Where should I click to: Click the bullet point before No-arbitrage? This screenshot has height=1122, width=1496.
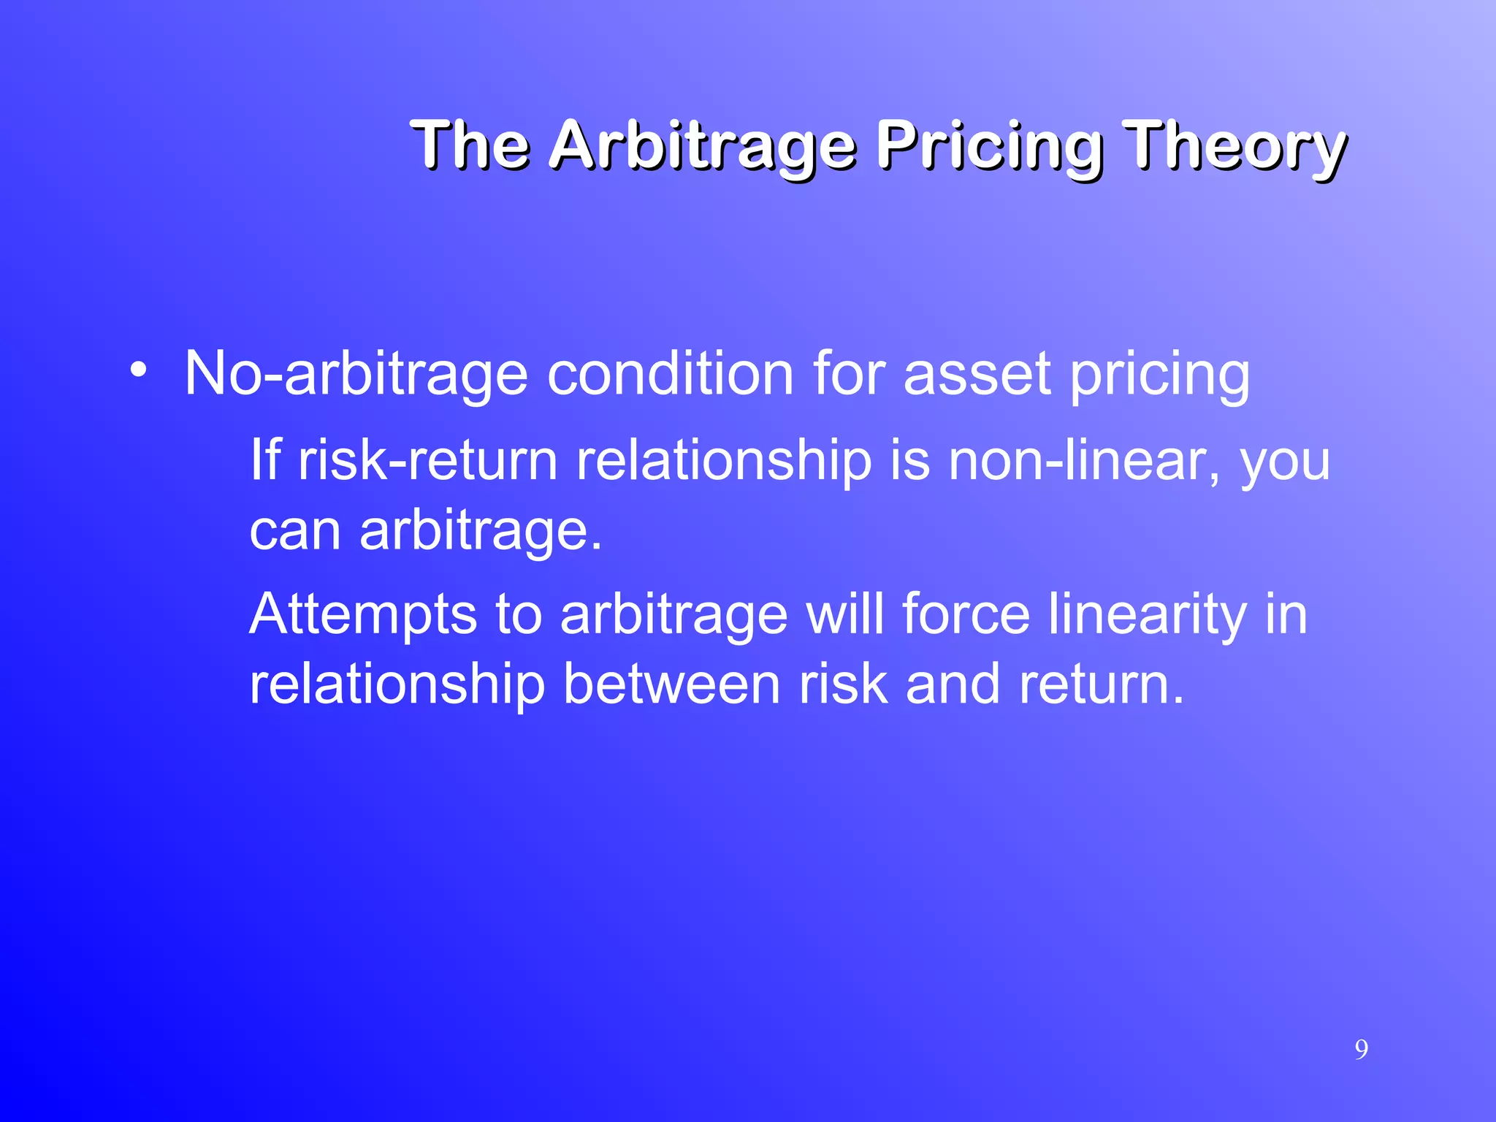point(138,370)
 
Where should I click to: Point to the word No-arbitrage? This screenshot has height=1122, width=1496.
point(356,374)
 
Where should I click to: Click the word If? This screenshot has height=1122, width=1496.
point(265,460)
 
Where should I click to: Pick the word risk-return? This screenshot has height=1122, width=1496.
point(428,462)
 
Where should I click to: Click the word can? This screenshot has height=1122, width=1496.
point(295,530)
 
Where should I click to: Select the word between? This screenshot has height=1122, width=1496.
point(672,684)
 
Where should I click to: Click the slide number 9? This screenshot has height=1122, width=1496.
point(1362,1050)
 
